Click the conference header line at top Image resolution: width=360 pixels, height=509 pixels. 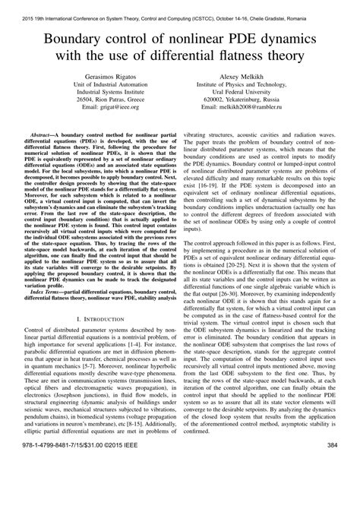(180, 8)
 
